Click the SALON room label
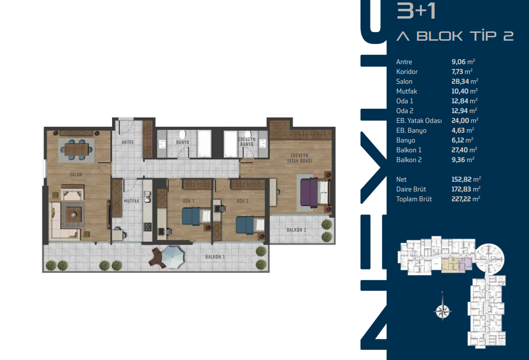[x=76, y=174]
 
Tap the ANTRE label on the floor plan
[x=128, y=143]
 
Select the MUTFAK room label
[x=132, y=201]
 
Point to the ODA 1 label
[x=188, y=201]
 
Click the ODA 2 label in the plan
[x=243, y=201]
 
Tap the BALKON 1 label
[x=215, y=257]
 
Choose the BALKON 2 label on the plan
[x=296, y=230]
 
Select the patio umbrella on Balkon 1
[x=173, y=257]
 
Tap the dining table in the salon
[x=76, y=149]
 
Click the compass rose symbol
[x=443, y=311]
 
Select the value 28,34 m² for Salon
[x=464, y=81]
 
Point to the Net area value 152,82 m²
[x=466, y=179]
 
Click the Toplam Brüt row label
[x=414, y=199]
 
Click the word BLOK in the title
[x=439, y=36]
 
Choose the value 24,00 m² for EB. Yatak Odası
[x=465, y=120]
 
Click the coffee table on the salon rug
[x=73, y=214]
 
